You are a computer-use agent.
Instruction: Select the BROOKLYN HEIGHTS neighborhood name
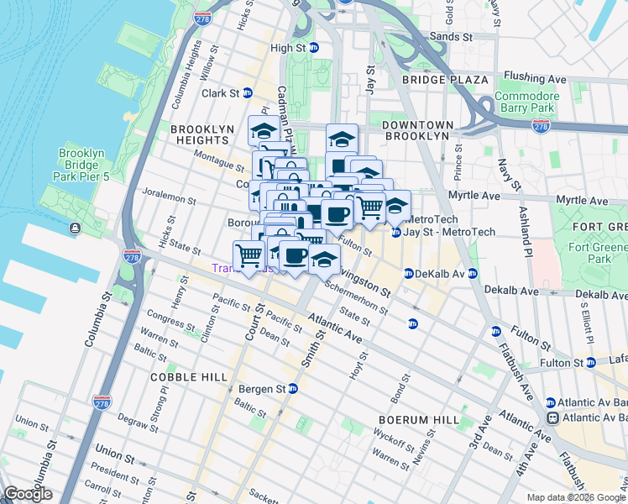pos(201,135)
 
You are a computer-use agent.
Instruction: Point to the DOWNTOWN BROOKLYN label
pos(417,130)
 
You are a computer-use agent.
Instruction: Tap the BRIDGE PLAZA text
pos(445,80)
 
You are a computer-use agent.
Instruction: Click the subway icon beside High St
pos(313,49)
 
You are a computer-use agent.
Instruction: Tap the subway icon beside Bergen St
pos(292,389)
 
